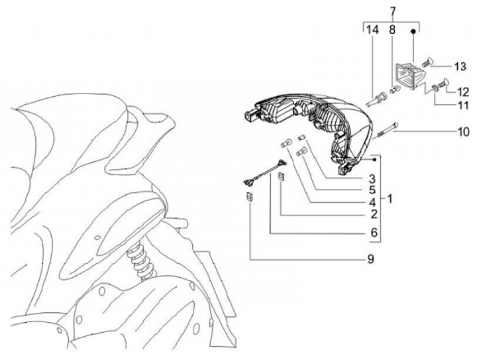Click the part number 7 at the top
click(392, 11)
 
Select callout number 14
click(372, 30)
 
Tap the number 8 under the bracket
click(392, 30)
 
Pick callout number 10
click(462, 131)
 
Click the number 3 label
click(374, 178)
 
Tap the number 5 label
click(374, 190)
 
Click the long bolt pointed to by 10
click(388, 131)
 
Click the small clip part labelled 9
click(248, 197)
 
